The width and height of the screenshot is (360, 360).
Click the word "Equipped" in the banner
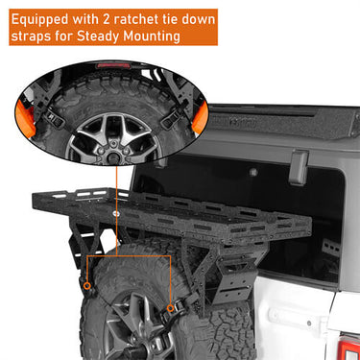pos(48,19)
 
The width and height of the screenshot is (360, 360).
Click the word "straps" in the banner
pos(39,37)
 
